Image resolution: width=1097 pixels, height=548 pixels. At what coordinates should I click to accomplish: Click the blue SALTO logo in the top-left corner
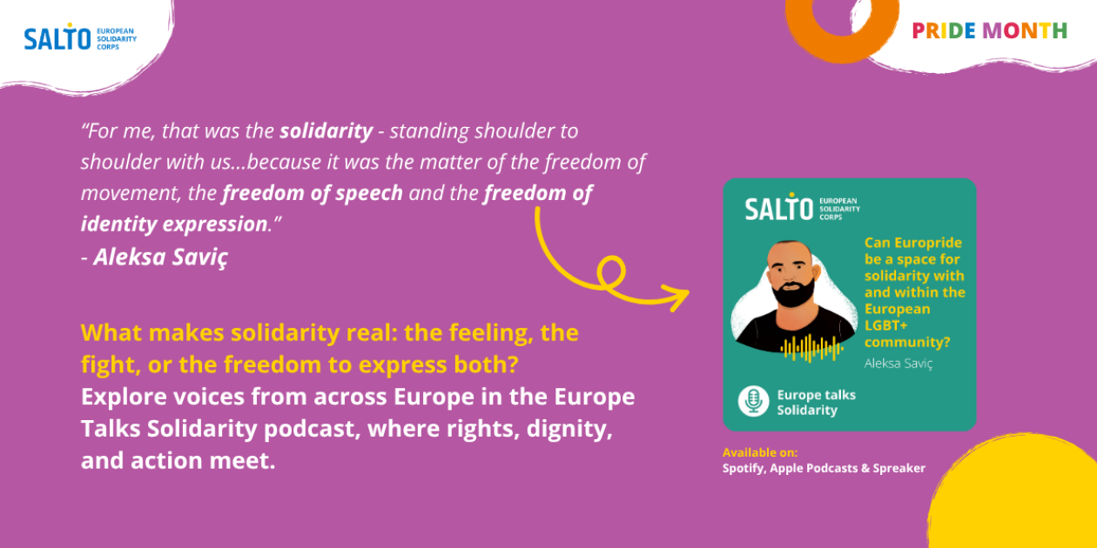(x=80, y=37)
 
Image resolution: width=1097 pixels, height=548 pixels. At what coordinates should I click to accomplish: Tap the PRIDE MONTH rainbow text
(x=989, y=30)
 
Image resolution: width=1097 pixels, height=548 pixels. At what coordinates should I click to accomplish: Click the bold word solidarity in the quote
(x=326, y=130)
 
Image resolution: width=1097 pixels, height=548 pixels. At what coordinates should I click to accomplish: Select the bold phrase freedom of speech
(x=313, y=193)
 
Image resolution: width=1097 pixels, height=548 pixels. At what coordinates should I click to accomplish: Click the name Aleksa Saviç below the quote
(x=160, y=257)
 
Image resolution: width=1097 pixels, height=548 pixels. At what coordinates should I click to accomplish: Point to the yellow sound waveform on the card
(x=812, y=348)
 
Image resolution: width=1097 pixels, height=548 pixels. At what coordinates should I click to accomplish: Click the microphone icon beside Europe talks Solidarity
(x=753, y=401)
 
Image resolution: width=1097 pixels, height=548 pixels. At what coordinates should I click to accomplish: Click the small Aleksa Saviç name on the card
(x=898, y=364)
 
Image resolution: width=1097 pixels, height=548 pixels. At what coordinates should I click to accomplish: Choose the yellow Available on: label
(x=760, y=452)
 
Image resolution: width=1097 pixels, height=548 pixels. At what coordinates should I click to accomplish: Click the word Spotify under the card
(x=744, y=469)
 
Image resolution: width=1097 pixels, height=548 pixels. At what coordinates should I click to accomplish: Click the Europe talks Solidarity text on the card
(x=817, y=402)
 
